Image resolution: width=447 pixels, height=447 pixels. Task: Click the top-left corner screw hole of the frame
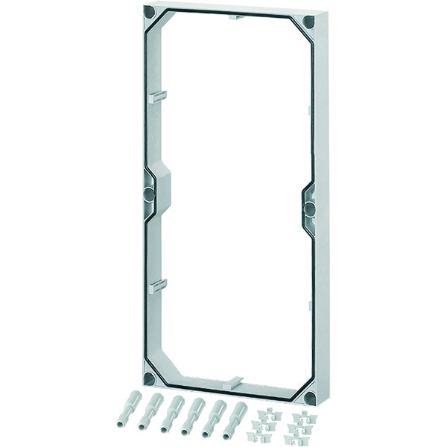click(149, 13)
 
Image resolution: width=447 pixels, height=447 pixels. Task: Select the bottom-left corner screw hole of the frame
click(149, 378)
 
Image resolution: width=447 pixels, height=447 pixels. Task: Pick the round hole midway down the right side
click(308, 208)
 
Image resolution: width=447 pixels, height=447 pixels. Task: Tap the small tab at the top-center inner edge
click(235, 16)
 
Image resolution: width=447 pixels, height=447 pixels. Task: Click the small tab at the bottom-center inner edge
click(232, 381)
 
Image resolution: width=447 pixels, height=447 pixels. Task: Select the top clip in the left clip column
click(265, 412)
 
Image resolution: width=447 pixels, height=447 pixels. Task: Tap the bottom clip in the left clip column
click(263, 434)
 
